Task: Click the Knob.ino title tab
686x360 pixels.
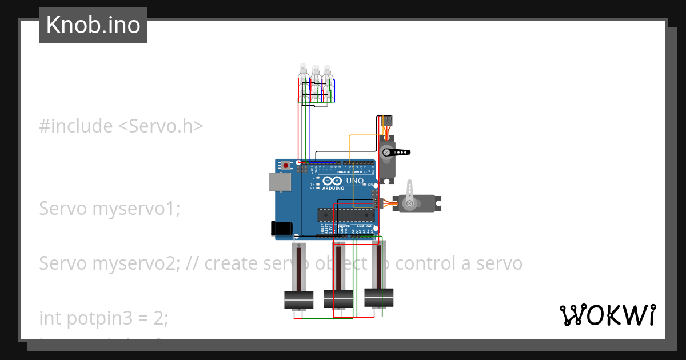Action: pyautogui.click(x=93, y=25)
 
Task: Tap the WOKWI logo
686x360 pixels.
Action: pyautogui.click(x=607, y=315)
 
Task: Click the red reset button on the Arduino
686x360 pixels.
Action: pyautogui.click(x=286, y=166)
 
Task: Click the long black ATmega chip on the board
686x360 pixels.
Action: pyautogui.click(x=347, y=214)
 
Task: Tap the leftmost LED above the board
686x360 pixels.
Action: pyautogui.click(x=303, y=71)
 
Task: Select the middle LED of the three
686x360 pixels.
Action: pyautogui.click(x=315, y=71)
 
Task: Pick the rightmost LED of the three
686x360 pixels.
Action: pyautogui.click(x=327, y=71)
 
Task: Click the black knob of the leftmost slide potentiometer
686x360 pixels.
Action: pyautogui.click(x=299, y=299)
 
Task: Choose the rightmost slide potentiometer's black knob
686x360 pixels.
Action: pyautogui.click(x=379, y=296)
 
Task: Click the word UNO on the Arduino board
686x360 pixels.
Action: pyautogui.click(x=355, y=181)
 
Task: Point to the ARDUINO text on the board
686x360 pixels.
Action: pyautogui.click(x=333, y=187)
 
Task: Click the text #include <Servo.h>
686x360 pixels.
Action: pyautogui.click(x=121, y=126)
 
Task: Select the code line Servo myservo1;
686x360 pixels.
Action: pyautogui.click(x=109, y=209)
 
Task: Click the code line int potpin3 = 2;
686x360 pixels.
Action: pyautogui.click(x=103, y=318)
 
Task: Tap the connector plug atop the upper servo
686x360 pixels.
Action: pyautogui.click(x=388, y=121)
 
